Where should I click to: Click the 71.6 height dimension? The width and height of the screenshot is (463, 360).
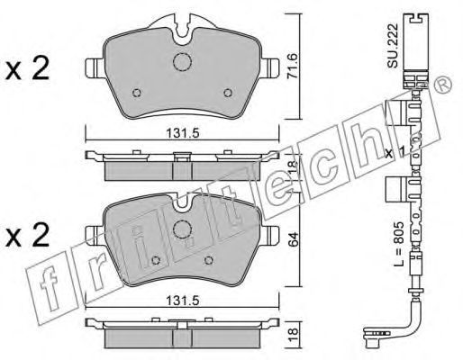click(x=292, y=67)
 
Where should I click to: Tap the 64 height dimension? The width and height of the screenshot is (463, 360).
click(x=295, y=239)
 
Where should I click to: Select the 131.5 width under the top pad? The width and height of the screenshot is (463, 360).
click(x=183, y=133)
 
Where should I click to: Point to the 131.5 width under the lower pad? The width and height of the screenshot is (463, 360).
click(x=183, y=301)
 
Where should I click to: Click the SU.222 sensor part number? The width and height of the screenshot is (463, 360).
click(x=393, y=45)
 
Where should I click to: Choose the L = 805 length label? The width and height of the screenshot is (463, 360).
click(x=400, y=245)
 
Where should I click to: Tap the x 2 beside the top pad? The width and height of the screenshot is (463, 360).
click(x=27, y=69)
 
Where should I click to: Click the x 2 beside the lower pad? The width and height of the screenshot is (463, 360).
click(x=27, y=235)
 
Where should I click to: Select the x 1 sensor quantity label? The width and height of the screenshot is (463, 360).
click(x=395, y=153)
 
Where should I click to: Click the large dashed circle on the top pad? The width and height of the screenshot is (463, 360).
click(x=182, y=62)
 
